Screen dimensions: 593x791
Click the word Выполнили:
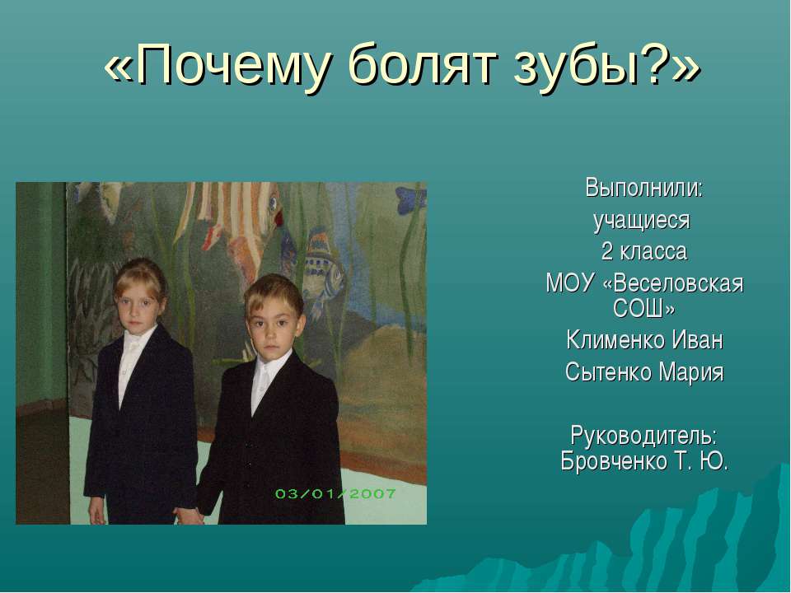644,188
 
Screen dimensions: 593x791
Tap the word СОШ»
644,309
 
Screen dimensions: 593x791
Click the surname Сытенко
604,372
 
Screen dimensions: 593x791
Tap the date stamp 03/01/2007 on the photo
335,494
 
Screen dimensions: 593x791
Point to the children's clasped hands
190,516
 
